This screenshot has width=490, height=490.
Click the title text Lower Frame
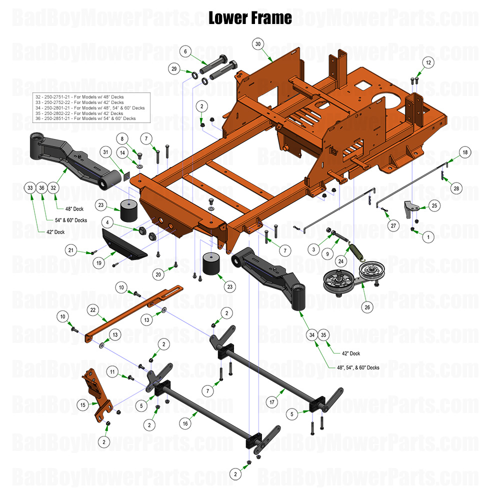click(250, 18)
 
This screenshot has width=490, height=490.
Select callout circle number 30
click(258, 43)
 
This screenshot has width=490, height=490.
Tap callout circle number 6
click(185, 51)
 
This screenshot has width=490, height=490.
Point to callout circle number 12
click(428, 62)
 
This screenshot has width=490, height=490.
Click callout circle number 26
click(367, 307)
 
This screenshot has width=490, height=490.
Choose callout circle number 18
click(464, 152)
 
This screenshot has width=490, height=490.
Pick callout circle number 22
click(92, 310)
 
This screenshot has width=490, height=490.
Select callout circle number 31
click(105, 152)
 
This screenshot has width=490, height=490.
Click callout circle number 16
click(185, 423)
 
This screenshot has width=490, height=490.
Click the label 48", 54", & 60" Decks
click(351, 367)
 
